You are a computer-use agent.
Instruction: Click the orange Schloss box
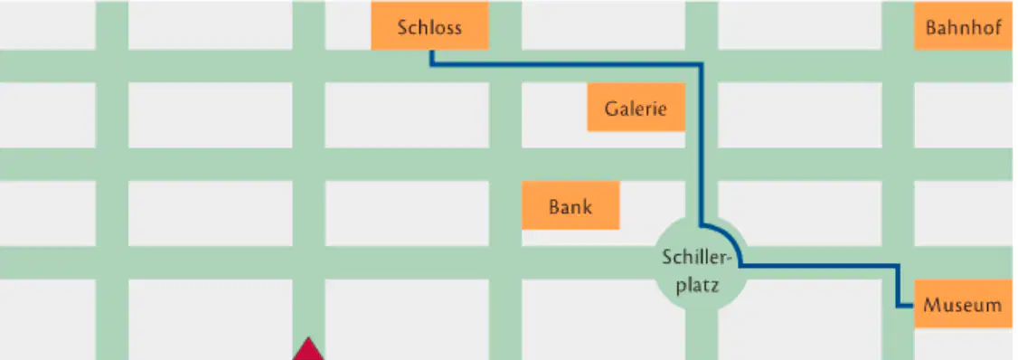(429, 25)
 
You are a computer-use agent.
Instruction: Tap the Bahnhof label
(964, 28)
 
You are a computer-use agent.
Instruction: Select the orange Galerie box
(636, 108)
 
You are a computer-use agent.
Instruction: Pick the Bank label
(570, 206)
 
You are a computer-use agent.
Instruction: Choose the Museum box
(963, 303)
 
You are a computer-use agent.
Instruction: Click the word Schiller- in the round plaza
(697, 257)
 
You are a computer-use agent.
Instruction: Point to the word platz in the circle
(697, 285)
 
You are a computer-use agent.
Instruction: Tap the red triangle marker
(307, 349)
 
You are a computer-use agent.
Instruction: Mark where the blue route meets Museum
(913, 306)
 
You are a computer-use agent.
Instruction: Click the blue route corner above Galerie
(702, 64)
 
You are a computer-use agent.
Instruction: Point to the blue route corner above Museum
(898, 266)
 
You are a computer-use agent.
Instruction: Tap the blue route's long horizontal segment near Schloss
(566, 64)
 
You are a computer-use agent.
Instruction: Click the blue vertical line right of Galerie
(702, 144)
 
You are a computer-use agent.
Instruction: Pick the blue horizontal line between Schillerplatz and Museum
(820, 266)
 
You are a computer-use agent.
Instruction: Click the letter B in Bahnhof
(931, 28)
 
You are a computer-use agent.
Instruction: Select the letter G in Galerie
(611, 108)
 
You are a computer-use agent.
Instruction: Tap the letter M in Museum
(931, 304)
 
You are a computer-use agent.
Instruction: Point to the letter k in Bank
(587, 206)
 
